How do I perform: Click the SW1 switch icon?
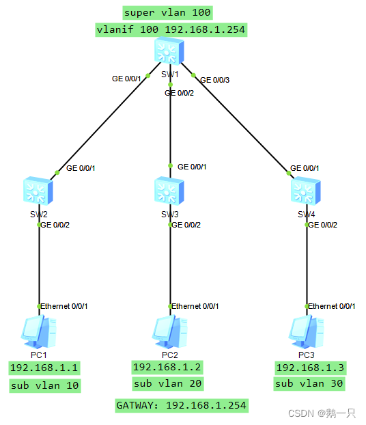167,53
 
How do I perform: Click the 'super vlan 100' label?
167,12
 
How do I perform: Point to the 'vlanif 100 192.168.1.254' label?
170,29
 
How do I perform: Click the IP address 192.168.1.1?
44,368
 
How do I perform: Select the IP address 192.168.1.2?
167,367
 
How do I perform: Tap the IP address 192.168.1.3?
309,368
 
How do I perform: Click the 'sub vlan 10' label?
45,386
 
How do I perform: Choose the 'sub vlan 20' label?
167,384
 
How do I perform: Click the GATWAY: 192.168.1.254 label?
181,405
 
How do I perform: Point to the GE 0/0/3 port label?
214,80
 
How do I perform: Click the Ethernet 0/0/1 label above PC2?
195,306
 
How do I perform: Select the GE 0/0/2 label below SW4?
322,225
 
